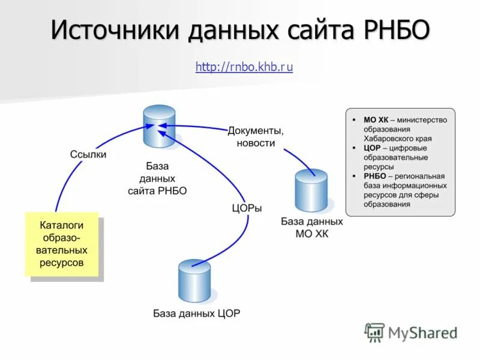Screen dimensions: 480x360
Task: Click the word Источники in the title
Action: [x=113, y=30]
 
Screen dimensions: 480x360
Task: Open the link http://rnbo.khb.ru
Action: [x=244, y=67]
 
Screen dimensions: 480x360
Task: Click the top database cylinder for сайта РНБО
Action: [x=160, y=126]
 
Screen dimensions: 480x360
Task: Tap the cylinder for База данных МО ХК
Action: [x=311, y=190]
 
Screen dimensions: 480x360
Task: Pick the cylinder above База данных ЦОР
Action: [x=194, y=281]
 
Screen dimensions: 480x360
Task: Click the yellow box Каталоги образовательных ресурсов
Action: [x=61, y=244]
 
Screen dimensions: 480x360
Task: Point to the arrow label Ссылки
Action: [x=88, y=154]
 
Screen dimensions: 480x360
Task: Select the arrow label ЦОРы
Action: [x=247, y=208]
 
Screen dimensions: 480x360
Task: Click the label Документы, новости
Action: [x=256, y=137]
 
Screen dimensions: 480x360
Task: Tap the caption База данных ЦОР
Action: [x=196, y=313]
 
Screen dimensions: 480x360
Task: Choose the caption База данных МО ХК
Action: [x=312, y=227]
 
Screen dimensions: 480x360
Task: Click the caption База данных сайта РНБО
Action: [x=157, y=178]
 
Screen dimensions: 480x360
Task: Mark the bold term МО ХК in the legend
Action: [x=376, y=120]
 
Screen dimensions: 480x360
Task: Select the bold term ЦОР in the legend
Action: [x=372, y=148]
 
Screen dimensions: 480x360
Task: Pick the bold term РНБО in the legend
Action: [x=374, y=176]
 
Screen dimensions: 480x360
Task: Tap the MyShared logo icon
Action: [x=374, y=332]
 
